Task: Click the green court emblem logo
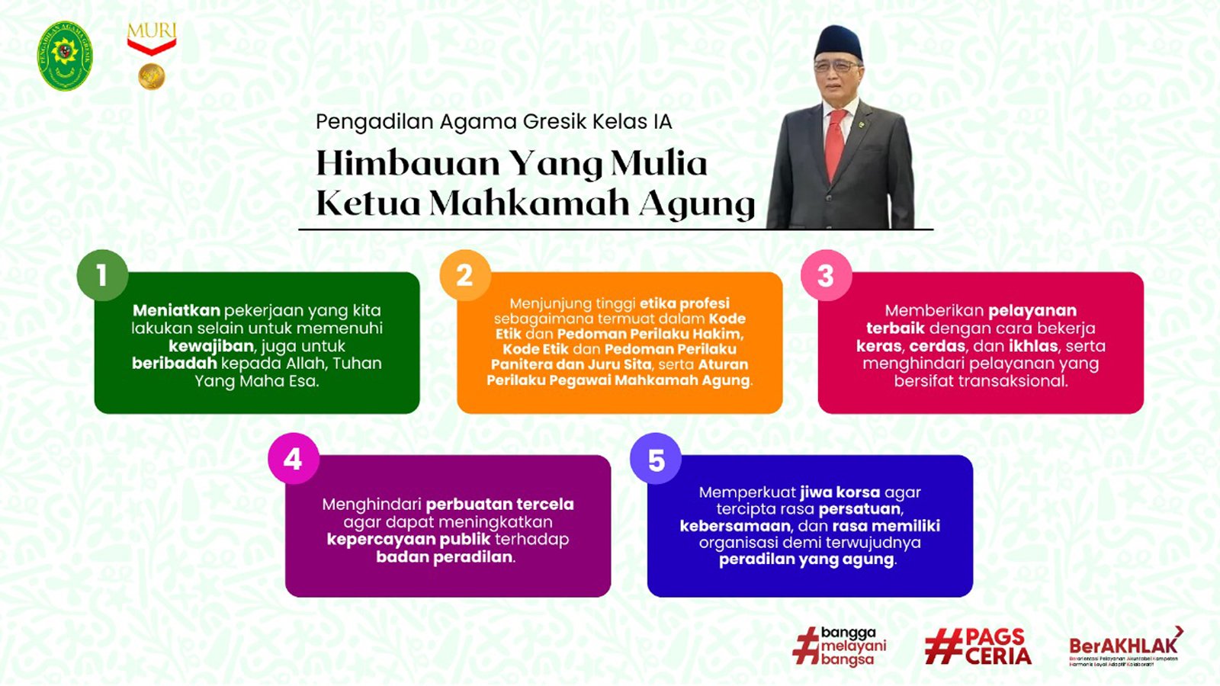65,55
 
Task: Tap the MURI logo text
151,32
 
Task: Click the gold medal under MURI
151,76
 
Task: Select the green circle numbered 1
102,275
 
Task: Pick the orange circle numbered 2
464,275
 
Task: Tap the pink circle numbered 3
826,275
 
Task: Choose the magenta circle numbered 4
293,459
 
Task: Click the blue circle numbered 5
656,459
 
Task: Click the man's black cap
837,42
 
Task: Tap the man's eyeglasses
836,67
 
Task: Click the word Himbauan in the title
408,163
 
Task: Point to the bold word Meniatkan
176,310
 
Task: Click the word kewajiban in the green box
210,345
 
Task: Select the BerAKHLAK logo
1125,648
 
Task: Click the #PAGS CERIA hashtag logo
978,647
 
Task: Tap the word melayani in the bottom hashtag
853,646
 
